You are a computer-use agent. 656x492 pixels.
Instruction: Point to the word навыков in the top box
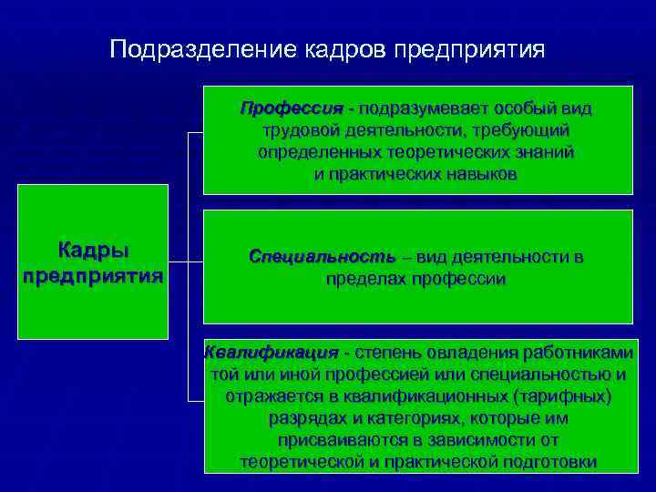click(x=479, y=173)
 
